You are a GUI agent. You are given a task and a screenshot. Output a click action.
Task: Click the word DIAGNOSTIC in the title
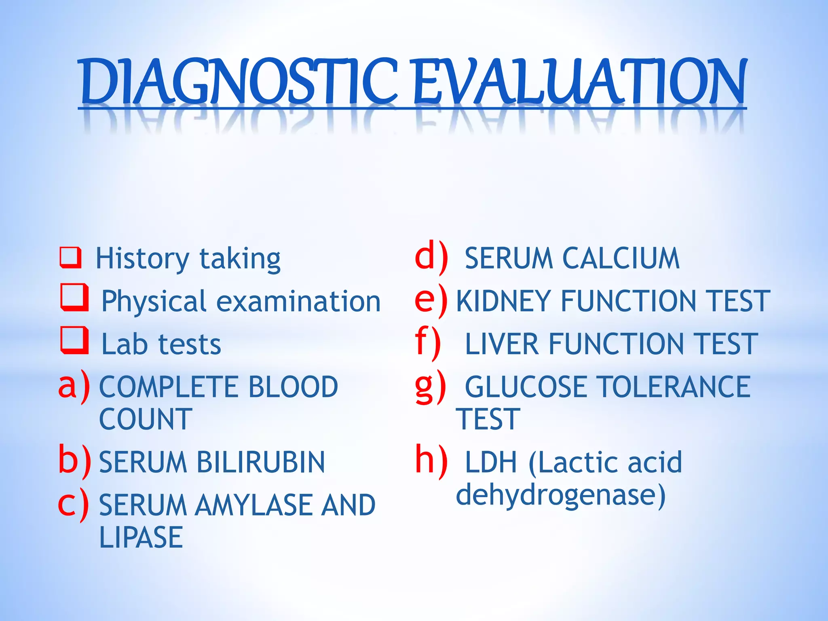click(x=239, y=81)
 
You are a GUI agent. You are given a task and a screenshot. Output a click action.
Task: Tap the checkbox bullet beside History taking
click(x=70, y=258)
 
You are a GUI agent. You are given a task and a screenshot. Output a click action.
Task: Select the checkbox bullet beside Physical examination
click(x=74, y=298)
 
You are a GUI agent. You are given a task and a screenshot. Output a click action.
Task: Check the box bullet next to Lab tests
click(x=74, y=340)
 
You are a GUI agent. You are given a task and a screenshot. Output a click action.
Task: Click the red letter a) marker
click(x=74, y=386)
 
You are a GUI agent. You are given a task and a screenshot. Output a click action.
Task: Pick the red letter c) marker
click(x=73, y=504)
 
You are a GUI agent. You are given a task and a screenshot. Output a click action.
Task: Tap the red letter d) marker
click(x=431, y=257)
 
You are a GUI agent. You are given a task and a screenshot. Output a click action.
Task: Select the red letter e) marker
click(x=431, y=300)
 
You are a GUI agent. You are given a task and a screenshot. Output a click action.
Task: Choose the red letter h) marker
click(x=431, y=460)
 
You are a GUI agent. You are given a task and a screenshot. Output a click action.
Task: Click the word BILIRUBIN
click(x=260, y=462)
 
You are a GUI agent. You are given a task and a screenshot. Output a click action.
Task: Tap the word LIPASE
click(x=141, y=537)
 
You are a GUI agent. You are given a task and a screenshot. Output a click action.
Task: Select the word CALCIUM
click(x=621, y=258)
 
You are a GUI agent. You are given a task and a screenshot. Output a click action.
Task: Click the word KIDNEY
click(x=503, y=301)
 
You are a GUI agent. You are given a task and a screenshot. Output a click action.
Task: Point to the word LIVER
click(x=502, y=344)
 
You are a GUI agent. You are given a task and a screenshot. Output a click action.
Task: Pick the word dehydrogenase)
click(x=560, y=495)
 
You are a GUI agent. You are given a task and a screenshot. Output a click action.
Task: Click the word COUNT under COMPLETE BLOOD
click(x=146, y=419)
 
